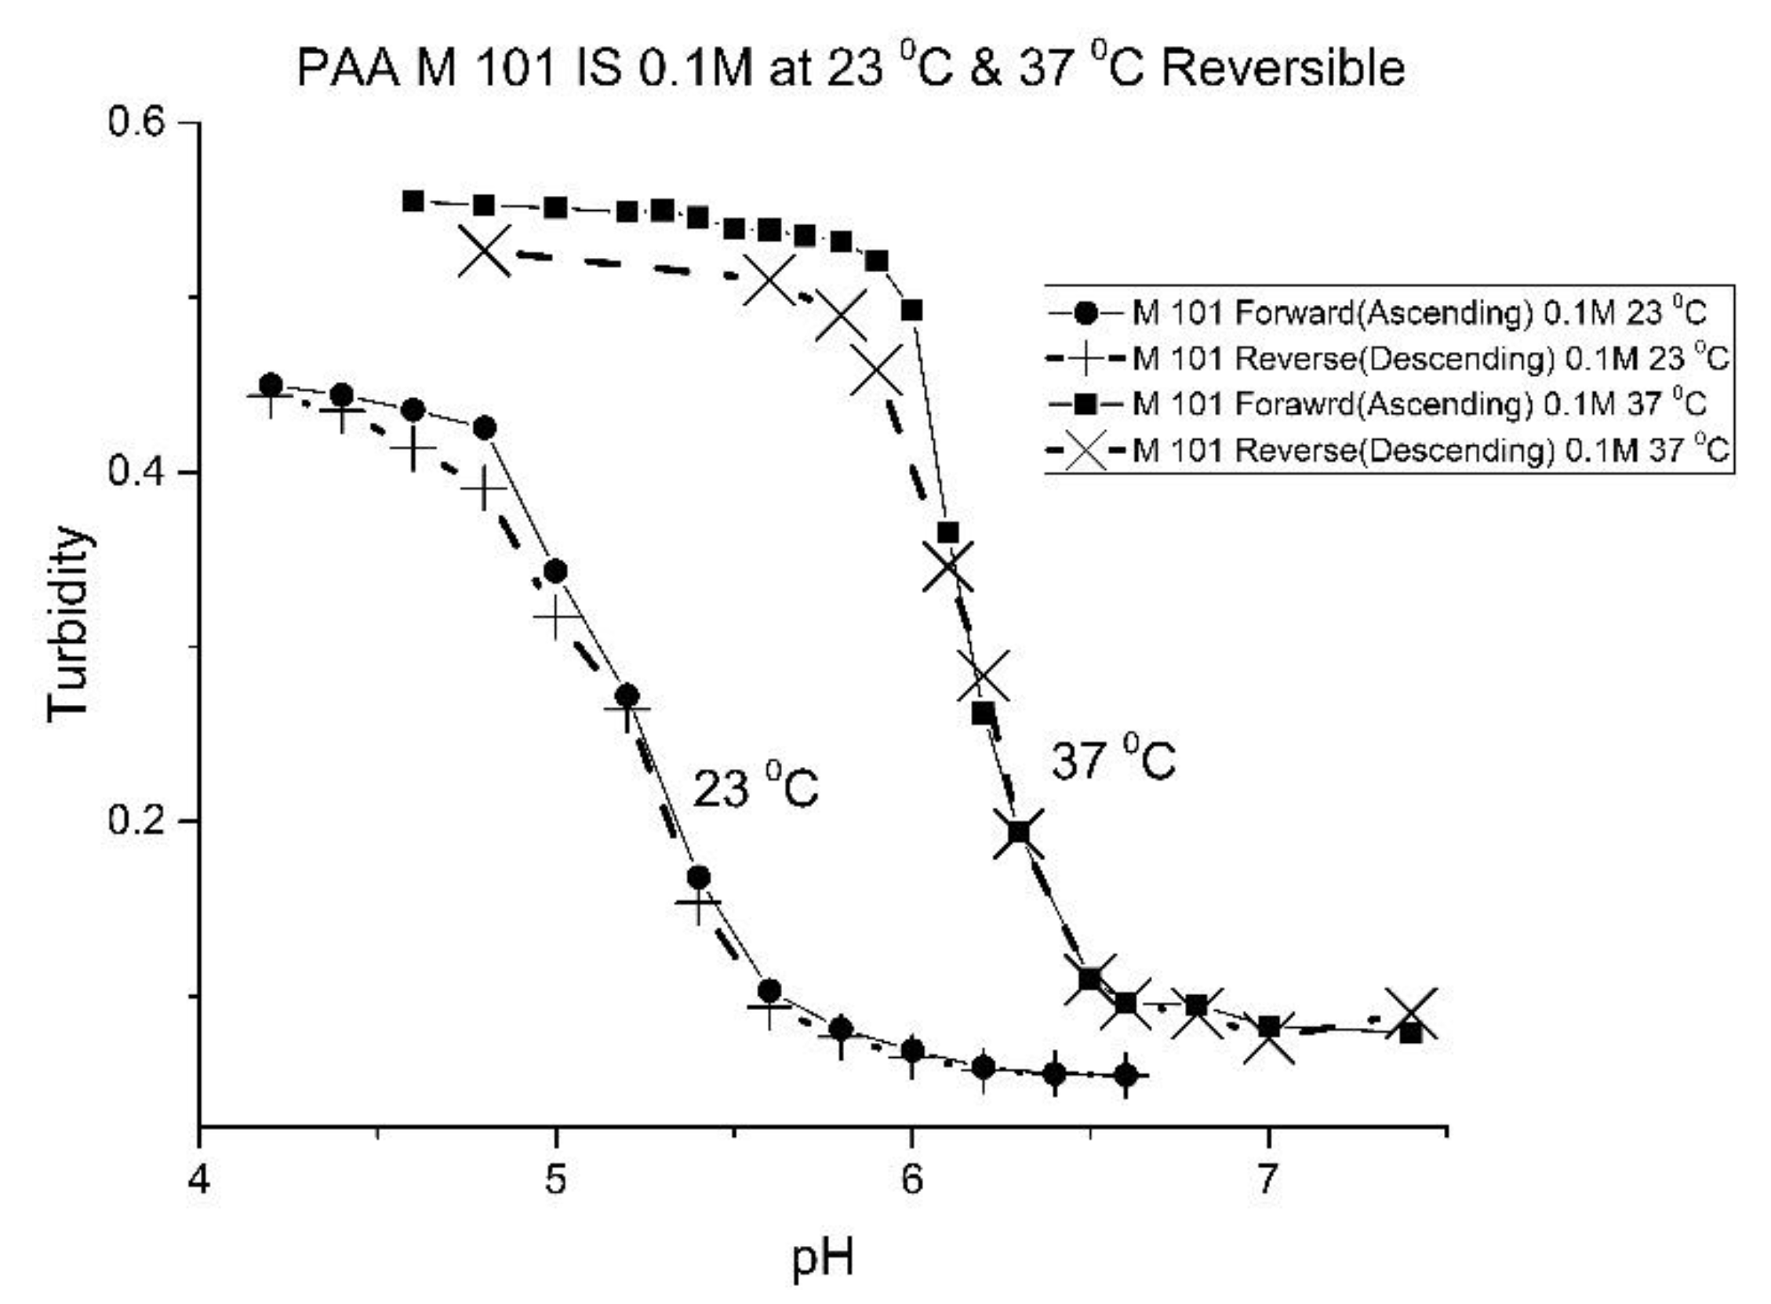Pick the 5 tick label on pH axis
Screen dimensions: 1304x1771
(x=556, y=1181)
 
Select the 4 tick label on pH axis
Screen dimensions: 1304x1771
(x=200, y=1181)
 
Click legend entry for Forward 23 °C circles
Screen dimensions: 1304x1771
(x=1417, y=314)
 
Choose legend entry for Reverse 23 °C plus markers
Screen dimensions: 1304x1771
(x=1429, y=359)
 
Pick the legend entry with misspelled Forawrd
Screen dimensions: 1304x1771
(x=1417, y=405)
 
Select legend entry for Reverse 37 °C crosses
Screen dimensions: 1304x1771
(x=1429, y=451)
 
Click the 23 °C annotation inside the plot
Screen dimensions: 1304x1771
(x=755, y=788)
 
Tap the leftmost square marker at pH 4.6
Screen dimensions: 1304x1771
(x=413, y=202)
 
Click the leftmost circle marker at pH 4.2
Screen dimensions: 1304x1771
(x=271, y=385)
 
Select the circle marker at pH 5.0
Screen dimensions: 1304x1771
(x=556, y=571)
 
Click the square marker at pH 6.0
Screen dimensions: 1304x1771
(x=912, y=311)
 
